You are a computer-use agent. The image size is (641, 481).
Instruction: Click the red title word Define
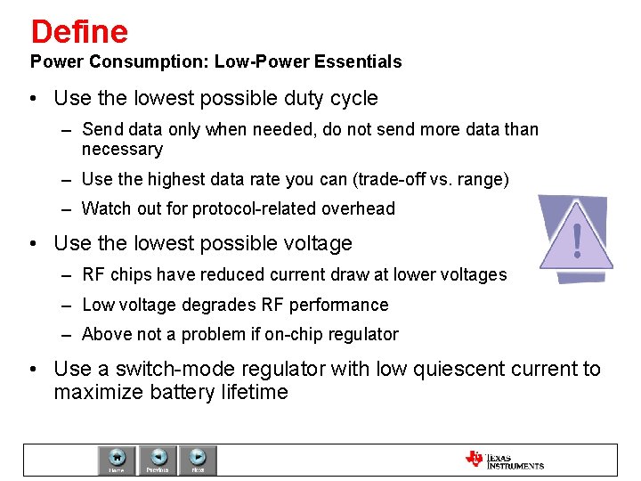79,32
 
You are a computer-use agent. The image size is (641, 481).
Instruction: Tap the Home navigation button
117,460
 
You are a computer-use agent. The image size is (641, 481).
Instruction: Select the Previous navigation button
158,460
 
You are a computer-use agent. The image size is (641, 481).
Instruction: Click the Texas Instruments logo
504,460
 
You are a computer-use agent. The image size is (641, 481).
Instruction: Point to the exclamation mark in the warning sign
578,240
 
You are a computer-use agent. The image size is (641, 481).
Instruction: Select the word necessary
122,150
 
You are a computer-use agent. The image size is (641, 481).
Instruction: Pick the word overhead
360,209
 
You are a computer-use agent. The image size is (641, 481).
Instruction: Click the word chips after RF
129,275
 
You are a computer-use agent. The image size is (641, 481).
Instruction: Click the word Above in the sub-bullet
105,335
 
